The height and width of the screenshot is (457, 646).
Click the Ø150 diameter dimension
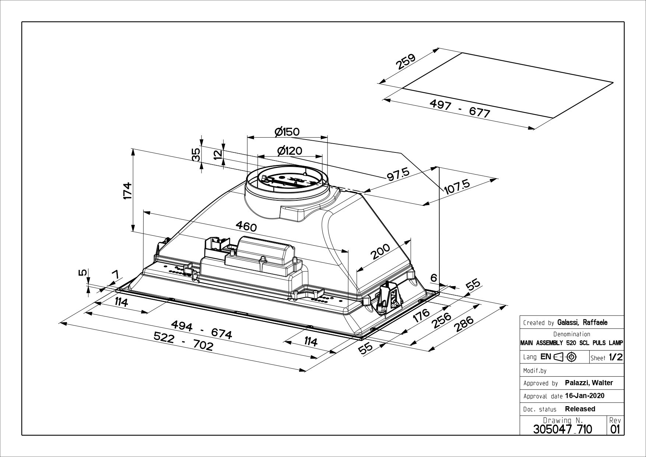click(287, 131)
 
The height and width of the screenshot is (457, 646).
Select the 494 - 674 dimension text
click(202, 328)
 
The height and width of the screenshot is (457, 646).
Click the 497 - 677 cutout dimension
click(460, 109)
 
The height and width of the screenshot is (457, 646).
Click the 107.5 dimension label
click(457, 187)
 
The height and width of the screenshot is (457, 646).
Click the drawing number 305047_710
click(562, 429)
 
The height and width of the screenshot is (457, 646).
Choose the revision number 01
click(615, 429)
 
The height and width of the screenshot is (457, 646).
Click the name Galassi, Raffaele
click(582, 323)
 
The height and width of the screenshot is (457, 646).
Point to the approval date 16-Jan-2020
click(584, 396)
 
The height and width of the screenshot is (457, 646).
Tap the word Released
click(580, 409)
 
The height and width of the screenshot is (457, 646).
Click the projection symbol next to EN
click(565, 357)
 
